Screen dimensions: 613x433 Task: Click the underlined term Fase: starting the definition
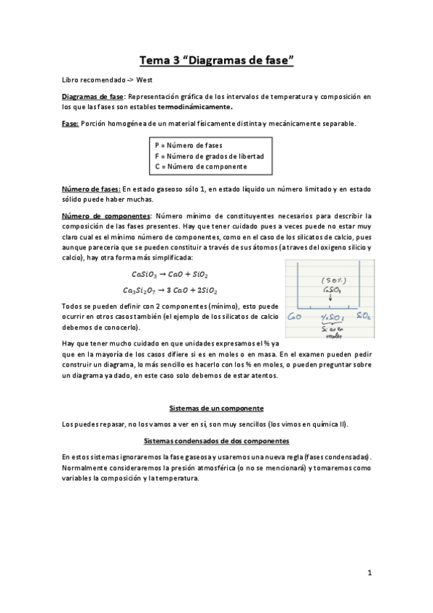coord(70,124)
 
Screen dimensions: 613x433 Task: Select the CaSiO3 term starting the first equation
coord(147,275)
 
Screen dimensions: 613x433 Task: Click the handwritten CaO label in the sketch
coord(293,317)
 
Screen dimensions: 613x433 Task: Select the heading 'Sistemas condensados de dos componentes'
coord(216,440)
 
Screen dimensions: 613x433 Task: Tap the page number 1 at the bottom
coord(369,575)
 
